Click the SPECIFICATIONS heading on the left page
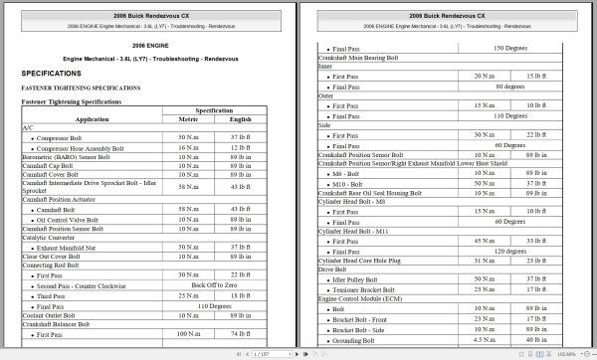click(58, 74)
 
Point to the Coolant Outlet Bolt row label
click(54, 317)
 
